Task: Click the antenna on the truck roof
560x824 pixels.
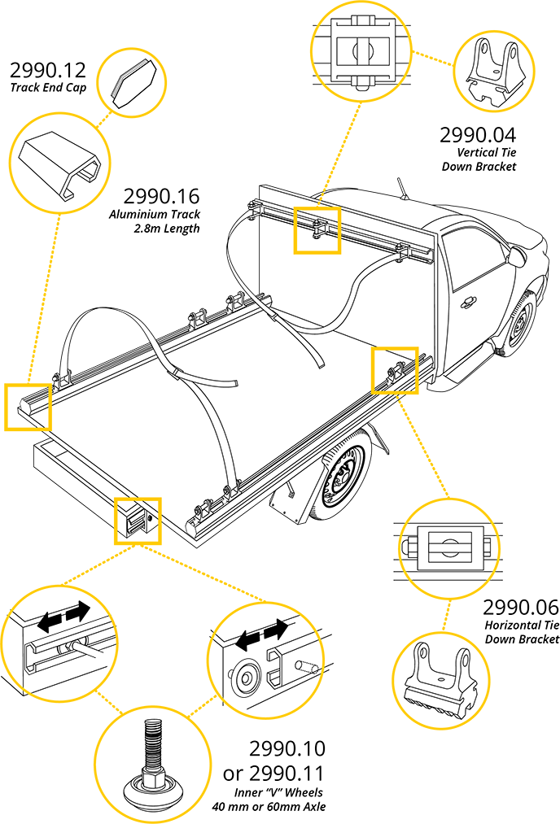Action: click(x=402, y=189)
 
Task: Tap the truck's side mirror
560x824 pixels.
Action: click(x=516, y=257)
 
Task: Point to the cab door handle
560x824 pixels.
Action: click(x=468, y=303)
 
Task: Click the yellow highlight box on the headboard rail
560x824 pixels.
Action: click(x=316, y=229)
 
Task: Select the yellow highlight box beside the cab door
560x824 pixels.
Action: click(x=395, y=369)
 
